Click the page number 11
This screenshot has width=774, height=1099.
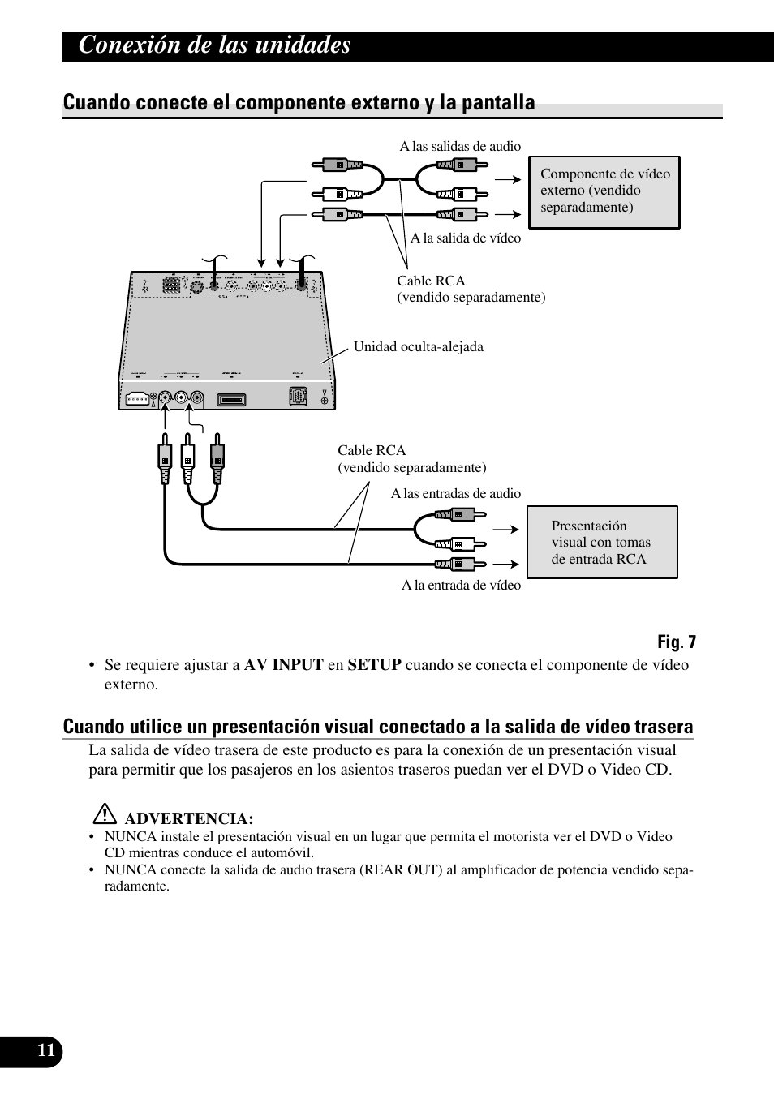pyautogui.click(x=46, y=1051)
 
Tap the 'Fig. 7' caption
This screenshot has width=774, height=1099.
pyautogui.click(x=677, y=642)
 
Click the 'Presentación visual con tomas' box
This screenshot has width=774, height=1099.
pyautogui.click(x=601, y=542)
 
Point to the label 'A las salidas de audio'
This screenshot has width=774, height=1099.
pyautogui.click(x=460, y=147)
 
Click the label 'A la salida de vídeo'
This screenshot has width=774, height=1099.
pyautogui.click(x=465, y=238)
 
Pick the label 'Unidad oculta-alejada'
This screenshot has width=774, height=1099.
pyautogui.click(x=418, y=346)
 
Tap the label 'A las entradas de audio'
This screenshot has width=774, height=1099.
pyautogui.click(x=455, y=493)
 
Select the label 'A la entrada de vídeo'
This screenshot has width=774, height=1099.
pyautogui.click(x=461, y=585)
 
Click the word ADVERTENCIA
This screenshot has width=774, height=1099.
pyautogui.click(x=188, y=818)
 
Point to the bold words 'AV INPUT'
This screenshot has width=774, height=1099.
pyautogui.click(x=283, y=665)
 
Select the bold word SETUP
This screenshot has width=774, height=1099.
pyautogui.click(x=374, y=665)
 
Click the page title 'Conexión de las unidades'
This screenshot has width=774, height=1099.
pyautogui.click(x=215, y=45)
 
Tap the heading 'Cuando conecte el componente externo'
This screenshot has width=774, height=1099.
pyautogui.click(x=299, y=102)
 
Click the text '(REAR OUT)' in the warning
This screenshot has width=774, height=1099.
pyautogui.click(x=401, y=869)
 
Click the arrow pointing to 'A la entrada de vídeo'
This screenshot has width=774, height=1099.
pyautogui.click(x=507, y=563)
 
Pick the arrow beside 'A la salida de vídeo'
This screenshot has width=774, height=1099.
pyautogui.click(x=507, y=214)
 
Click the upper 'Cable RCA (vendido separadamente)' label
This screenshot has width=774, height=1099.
pyautogui.click(x=471, y=289)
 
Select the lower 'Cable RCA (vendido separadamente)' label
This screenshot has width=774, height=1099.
pyautogui.click(x=411, y=459)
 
